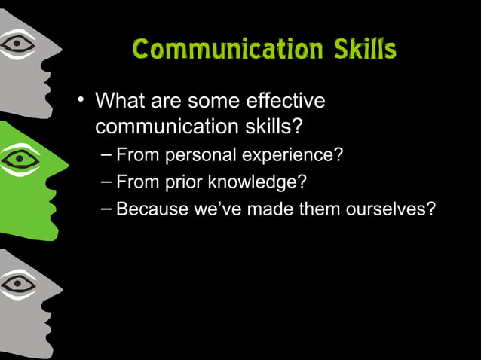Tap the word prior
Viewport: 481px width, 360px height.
click(183, 182)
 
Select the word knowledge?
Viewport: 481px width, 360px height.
click(257, 182)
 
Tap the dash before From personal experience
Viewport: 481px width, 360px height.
click(106, 156)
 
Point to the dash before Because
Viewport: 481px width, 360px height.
click(106, 207)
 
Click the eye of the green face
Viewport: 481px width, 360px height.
click(22, 160)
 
